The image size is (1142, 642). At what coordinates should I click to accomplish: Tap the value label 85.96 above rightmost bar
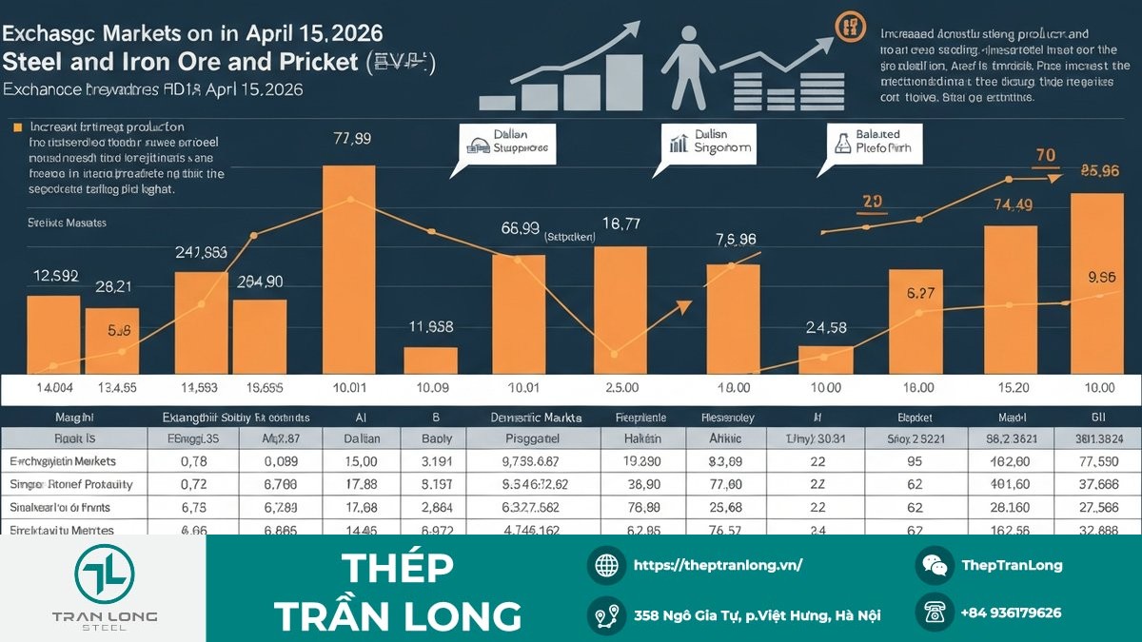coord(1099,171)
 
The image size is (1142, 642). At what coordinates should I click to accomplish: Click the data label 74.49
coord(1013,204)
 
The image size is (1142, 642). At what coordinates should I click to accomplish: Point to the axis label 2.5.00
coord(621,388)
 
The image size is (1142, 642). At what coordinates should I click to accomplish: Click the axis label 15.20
coord(1011,388)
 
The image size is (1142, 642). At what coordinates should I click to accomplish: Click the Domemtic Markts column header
coord(535,418)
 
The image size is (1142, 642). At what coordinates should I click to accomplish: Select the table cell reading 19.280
coord(642,461)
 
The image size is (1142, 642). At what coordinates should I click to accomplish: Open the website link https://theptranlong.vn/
coord(718,565)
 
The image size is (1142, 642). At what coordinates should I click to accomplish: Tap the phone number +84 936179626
coord(1010,613)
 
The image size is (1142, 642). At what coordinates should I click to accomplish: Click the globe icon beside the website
coord(606,565)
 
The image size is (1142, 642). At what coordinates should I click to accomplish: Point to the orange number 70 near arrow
coord(1045,155)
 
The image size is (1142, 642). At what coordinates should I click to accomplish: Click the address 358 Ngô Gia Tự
coord(757,614)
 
